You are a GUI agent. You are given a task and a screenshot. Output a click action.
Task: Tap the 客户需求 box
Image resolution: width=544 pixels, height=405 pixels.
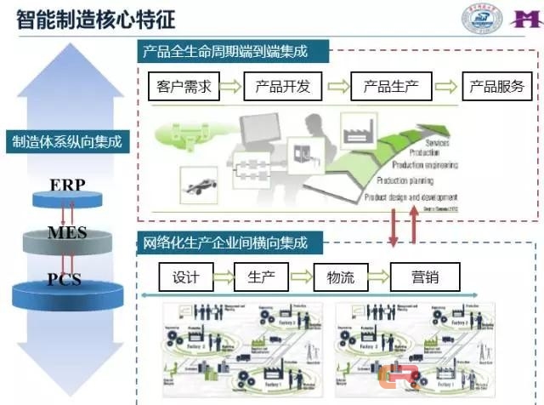184,87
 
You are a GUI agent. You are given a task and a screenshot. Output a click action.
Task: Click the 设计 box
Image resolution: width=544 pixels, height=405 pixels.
185,277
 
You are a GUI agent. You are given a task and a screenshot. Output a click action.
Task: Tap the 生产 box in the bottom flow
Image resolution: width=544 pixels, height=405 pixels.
261,277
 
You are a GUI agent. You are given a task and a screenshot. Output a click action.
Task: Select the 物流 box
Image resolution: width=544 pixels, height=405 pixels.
339,277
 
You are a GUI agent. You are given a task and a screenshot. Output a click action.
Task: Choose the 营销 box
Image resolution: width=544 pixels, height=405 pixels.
424,277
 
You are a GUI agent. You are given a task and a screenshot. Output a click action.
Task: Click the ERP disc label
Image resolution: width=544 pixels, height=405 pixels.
67,185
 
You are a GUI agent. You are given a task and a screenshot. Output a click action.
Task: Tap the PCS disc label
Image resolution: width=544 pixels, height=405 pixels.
65,278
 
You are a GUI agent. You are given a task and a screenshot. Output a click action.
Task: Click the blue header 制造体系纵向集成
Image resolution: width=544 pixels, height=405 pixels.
66,142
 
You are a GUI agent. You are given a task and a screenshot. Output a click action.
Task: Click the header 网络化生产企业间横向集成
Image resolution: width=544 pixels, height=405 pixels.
223,243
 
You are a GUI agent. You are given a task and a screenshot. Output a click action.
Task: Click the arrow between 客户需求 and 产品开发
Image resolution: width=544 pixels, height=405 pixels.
231,87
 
